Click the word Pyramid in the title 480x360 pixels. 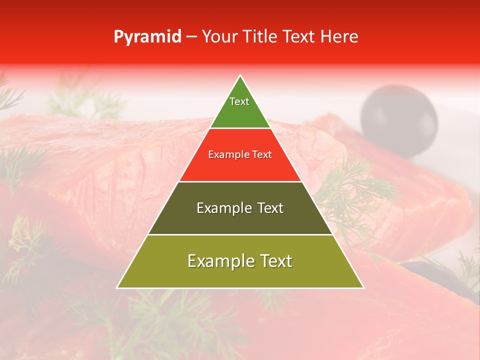tap(147, 37)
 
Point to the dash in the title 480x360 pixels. tap(191, 37)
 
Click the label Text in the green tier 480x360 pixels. tap(239, 101)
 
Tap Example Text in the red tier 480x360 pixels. tap(240, 154)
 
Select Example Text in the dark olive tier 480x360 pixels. tap(240, 208)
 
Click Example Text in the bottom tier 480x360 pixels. tap(240, 261)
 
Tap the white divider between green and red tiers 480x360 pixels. tap(240, 128)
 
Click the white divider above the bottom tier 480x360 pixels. tap(240, 234)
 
